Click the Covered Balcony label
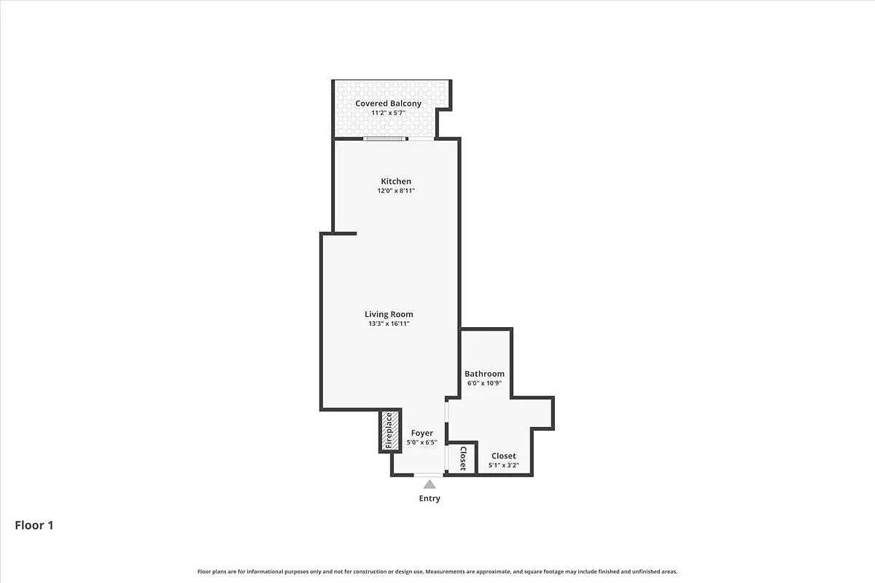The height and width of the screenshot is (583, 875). pyautogui.click(x=388, y=103)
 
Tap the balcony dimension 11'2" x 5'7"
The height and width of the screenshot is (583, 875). pyautogui.click(x=388, y=114)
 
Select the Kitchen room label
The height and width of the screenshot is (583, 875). pyautogui.click(x=396, y=181)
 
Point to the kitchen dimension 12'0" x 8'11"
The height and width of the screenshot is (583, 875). pyautogui.click(x=396, y=191)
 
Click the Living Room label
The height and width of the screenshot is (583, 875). pyautogui.click(x=389, y=314)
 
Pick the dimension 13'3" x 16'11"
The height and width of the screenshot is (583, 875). pyautogui.click(x=389, y=324)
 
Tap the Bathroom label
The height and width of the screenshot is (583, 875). pyautogui.click(x=485, y=374)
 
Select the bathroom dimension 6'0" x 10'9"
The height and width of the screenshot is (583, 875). pyautogui.click(x=485, y=383)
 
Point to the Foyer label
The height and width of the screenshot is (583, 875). pyautogui.click(x=422, y=433)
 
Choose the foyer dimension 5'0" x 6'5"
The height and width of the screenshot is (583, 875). pyautogui.click(x=422, y=442)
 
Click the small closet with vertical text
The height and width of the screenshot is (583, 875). pyautogui.click(x=462, y=458)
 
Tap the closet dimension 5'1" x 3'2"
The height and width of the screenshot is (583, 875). pyautogui.click(x=503, y=465)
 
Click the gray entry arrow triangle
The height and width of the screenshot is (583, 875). pyautogui.click(x=430, y=485)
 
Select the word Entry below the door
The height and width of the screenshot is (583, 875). pyautogui.click(x=429, y=498)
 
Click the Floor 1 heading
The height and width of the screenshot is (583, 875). pyautogui.click(x=34, y=525)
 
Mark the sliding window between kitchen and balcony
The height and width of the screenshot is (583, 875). pyautogui.click(x=384, y=138)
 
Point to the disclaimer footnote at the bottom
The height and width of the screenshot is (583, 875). pyautogui.click(x=437, y=571)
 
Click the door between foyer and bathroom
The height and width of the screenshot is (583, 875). pyautogui.click(x=447, y=419)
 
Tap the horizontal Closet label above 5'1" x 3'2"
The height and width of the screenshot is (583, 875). pyautogui.click(x=503, y=456)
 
